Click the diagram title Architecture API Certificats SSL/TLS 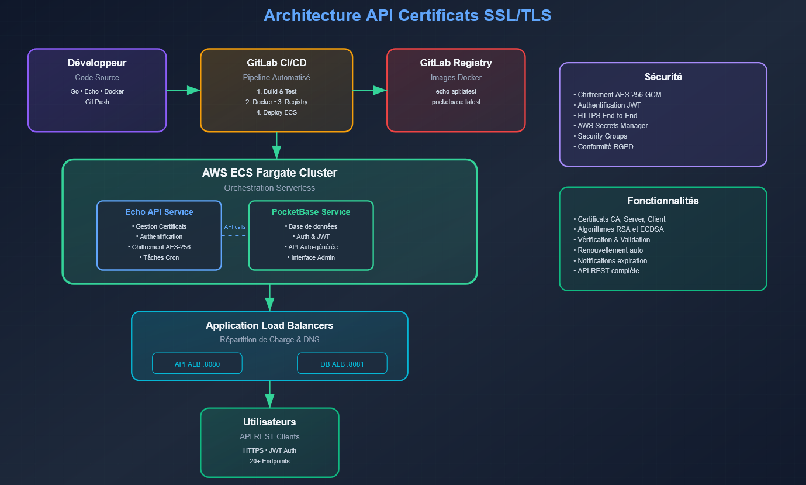pyautogui.click(x=407, y=15)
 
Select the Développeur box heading pyautogui.click(x=97, y=63)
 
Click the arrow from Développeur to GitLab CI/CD pyautogui.click(x=183, y=90)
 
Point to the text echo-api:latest pyautogui.click(x=456, y=91)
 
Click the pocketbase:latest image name pyautogui.click(x=456, y=102)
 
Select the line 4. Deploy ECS pyautogui.click(x=276, y=112)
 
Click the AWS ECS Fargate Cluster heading pyautogui.click(x=269, y=173)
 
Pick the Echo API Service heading pyautogui.click(x=159, y=212)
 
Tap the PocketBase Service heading pyautogui.click(x=311, y=212)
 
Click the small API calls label pyautogui.click(x=235, y=226)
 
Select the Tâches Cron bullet pyautogui.click(x=160, y=257)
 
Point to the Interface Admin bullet pyautogui.click(x=310, y=257)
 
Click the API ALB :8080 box pyautogui.click(x=197, y=363)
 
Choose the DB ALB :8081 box pyautogui.click(x=342, y=363)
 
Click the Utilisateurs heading pyautogui.click(x=269, y=422)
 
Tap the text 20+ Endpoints pyautogui.click(x=269, y=461)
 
